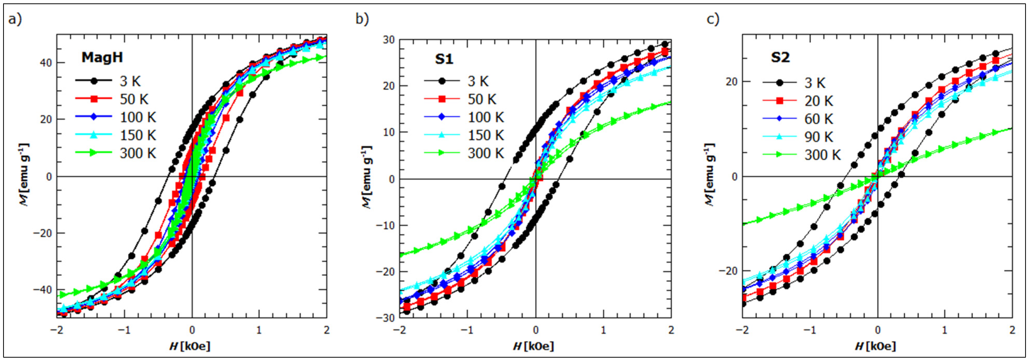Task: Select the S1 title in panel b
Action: click(x=444, y=59)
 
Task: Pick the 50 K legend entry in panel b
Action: click(x=482, y=99)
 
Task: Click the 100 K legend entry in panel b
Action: click(x=485, y=117)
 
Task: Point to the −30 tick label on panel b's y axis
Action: click(x=386, y=318)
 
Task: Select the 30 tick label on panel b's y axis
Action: click(x=389, y=40)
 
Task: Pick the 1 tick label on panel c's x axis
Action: click(x=944, y=330)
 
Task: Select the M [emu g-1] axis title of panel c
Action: click(x=709, y=175)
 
